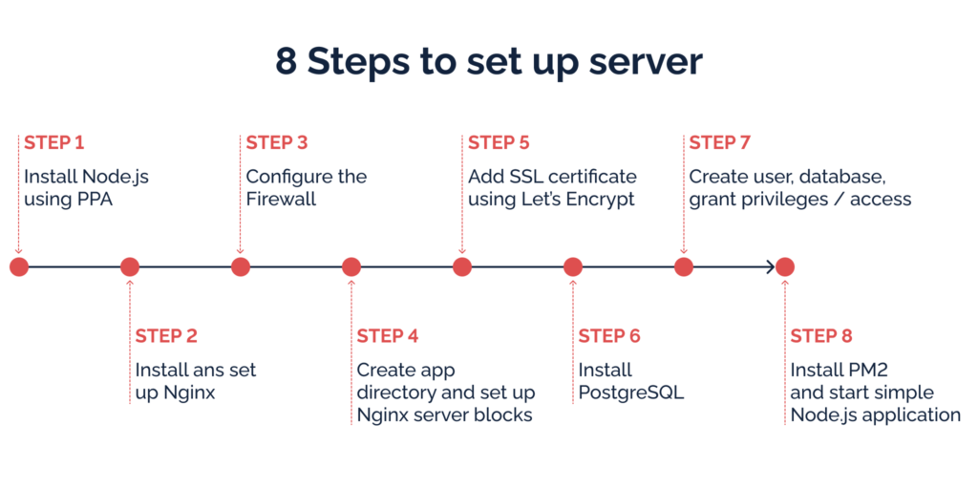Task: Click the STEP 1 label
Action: pos(54,143)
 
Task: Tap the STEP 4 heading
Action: pos(388,336)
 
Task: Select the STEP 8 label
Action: pos(820,336)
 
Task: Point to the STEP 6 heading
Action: pos(609,336)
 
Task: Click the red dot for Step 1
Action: pos(19,267)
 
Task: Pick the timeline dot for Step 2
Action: pos(130,267)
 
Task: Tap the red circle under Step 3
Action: pos(241,267)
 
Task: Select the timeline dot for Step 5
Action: pos(462,267)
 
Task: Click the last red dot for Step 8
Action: pos(785,267)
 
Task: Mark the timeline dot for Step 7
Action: pos(684,267)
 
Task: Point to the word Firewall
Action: pos(281,200)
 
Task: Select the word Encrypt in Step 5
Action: pos(604,201)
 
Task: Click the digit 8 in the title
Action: pos(287,61)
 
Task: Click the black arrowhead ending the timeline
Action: pos(770,267)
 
